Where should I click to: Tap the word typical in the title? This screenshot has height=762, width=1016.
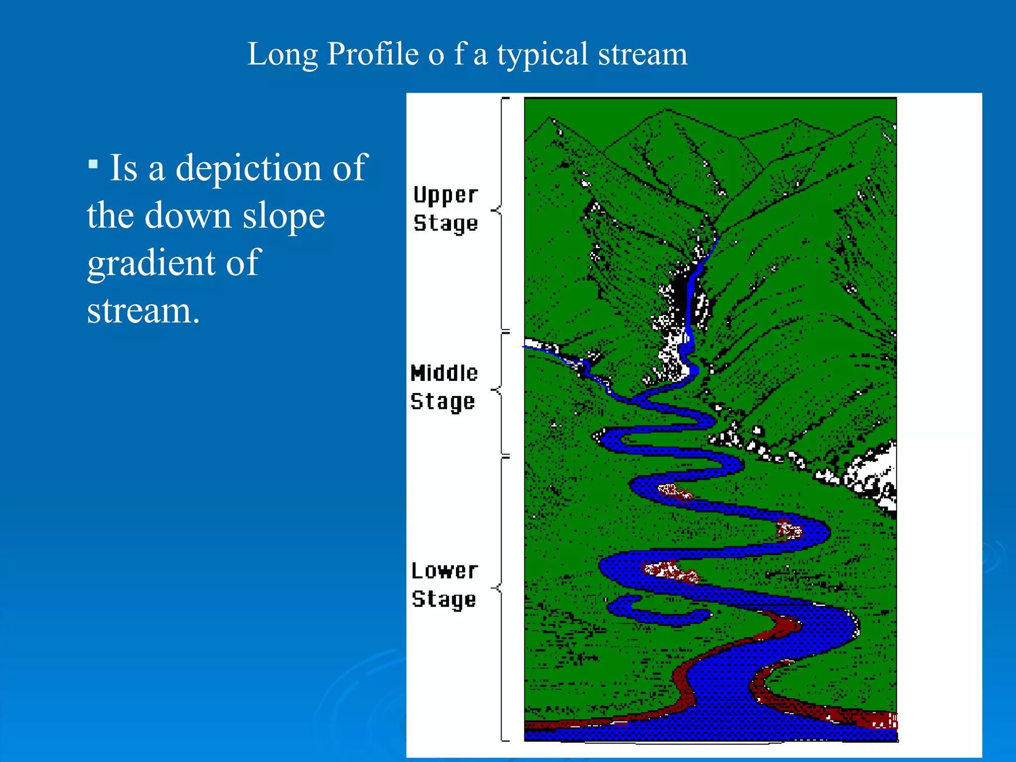(542, 55)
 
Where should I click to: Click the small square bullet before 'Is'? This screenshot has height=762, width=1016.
(93, 164)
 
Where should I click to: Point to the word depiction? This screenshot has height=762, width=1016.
(248, 168)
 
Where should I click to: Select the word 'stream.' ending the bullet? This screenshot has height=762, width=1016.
(143, 311)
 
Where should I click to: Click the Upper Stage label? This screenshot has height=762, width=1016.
(445, 209)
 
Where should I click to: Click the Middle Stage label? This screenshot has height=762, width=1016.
(444, 387)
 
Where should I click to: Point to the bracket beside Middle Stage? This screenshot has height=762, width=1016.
(502, 392)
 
